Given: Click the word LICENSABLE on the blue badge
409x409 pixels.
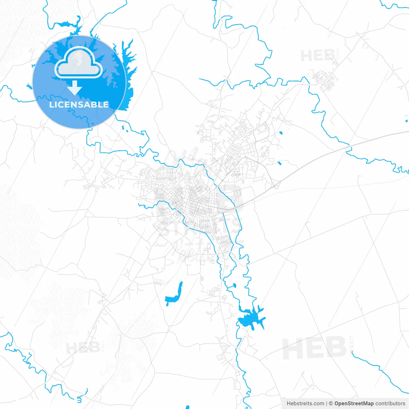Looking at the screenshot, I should point(79,104).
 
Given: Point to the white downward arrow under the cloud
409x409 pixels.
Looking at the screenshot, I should point(75,88).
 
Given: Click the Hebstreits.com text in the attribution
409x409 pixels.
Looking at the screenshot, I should point(305,404).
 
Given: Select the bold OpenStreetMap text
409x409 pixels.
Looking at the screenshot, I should point(354,404).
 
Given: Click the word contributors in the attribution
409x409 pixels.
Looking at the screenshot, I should point(390,404).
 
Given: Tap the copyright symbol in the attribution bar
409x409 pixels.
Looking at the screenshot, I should point(331,404).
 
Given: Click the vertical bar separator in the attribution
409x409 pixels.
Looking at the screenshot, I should point(327,404).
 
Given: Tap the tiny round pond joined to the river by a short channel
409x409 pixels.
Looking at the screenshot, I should point(235,285).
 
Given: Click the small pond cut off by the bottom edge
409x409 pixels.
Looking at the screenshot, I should point(187,407).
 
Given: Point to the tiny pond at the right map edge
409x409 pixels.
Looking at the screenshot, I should point(406,121).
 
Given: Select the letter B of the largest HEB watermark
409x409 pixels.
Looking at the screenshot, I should point(334,347).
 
